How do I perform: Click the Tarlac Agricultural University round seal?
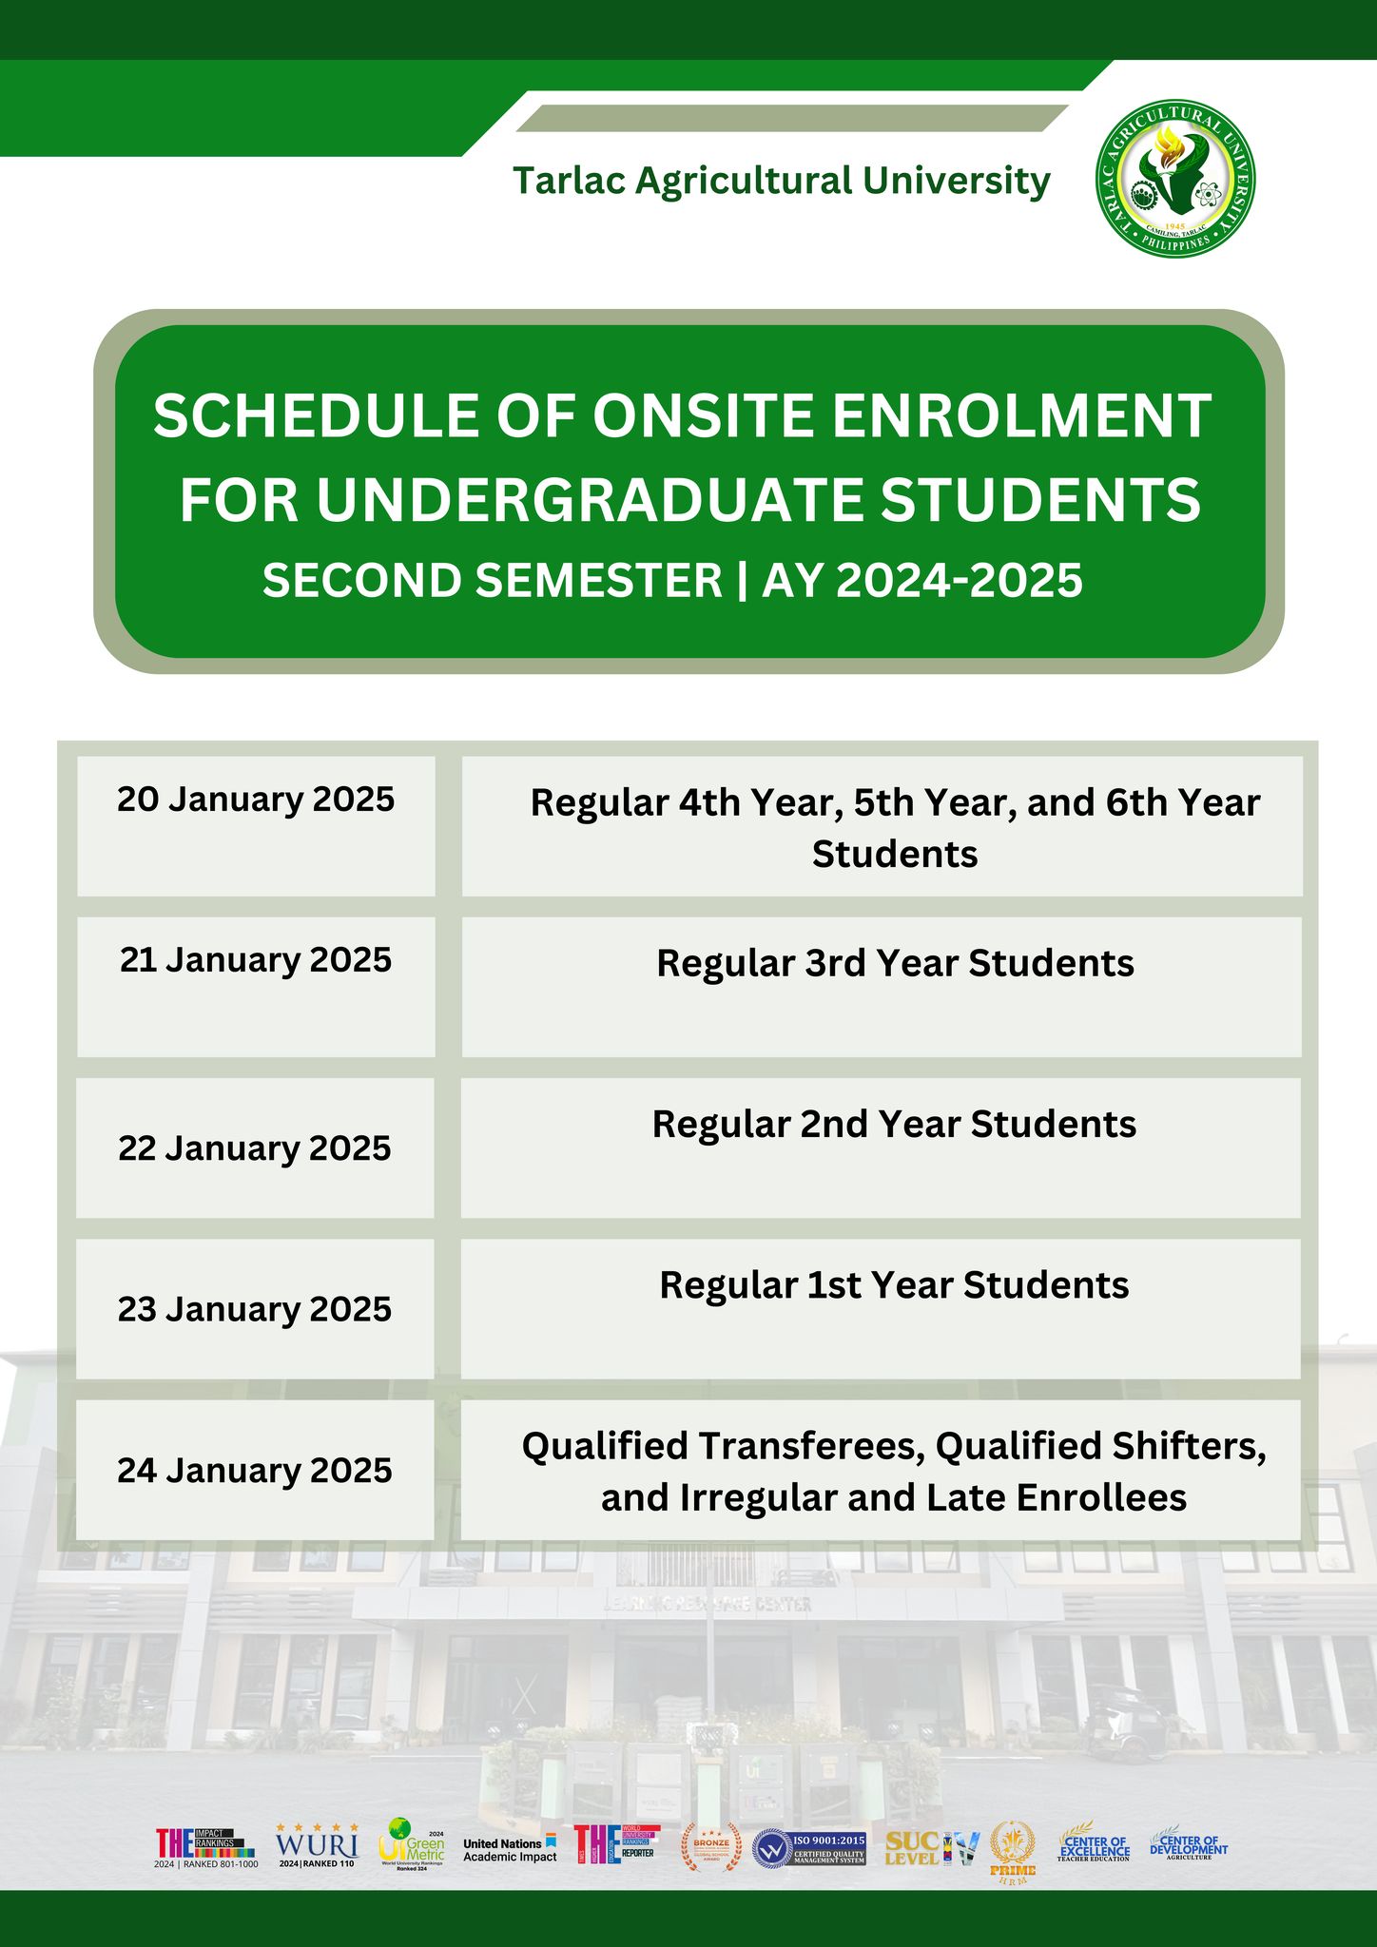point(1174,178)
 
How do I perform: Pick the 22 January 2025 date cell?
point(255,1148)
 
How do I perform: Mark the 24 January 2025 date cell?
point(255,1471)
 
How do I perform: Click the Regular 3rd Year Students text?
point(895,964)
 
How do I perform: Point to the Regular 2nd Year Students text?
point(894,1125)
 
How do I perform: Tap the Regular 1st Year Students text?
point(894,1285)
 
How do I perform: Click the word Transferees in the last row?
point(812,1447)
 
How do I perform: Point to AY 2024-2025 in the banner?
point(921,581)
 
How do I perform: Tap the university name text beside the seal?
point(782,181)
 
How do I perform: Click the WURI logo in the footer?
point(317,1845)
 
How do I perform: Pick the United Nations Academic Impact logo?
point(510,1849)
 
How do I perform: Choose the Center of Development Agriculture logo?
point(1188,1845)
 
